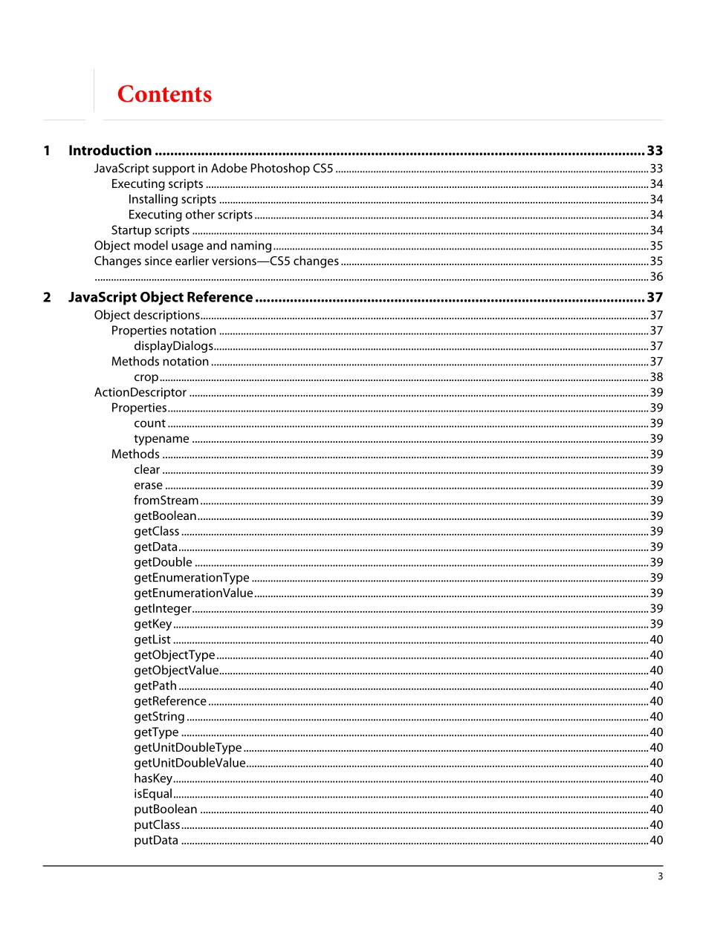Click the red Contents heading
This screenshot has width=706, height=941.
click(164, 94)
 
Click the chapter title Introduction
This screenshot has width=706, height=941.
click(110, 151)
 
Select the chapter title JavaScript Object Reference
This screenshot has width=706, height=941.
click(161, 298)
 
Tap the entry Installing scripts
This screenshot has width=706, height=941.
click(172, 199)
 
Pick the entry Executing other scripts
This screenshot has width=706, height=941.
click(190, 215)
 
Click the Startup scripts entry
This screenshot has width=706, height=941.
click(150, 230)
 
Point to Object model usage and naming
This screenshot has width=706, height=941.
click(183, 246)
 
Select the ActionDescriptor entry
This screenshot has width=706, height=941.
click(140, 392)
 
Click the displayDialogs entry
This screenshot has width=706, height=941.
click(173, 346)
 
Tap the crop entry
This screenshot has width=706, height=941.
click(146, 377)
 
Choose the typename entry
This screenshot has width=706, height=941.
click(161, 439)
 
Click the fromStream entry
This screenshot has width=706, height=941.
click(166, 501)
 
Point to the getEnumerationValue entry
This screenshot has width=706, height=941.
click(193, 593)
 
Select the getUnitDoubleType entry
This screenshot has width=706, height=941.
click(188, 747)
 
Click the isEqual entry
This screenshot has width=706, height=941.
click(153, 794)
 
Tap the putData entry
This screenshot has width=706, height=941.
click(156, 840)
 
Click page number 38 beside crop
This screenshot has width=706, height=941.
click(656, 377)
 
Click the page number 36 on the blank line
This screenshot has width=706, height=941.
click(656, 277)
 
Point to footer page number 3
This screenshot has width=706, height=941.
click(660, 876)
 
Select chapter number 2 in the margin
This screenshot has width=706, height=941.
click(47, 298)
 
